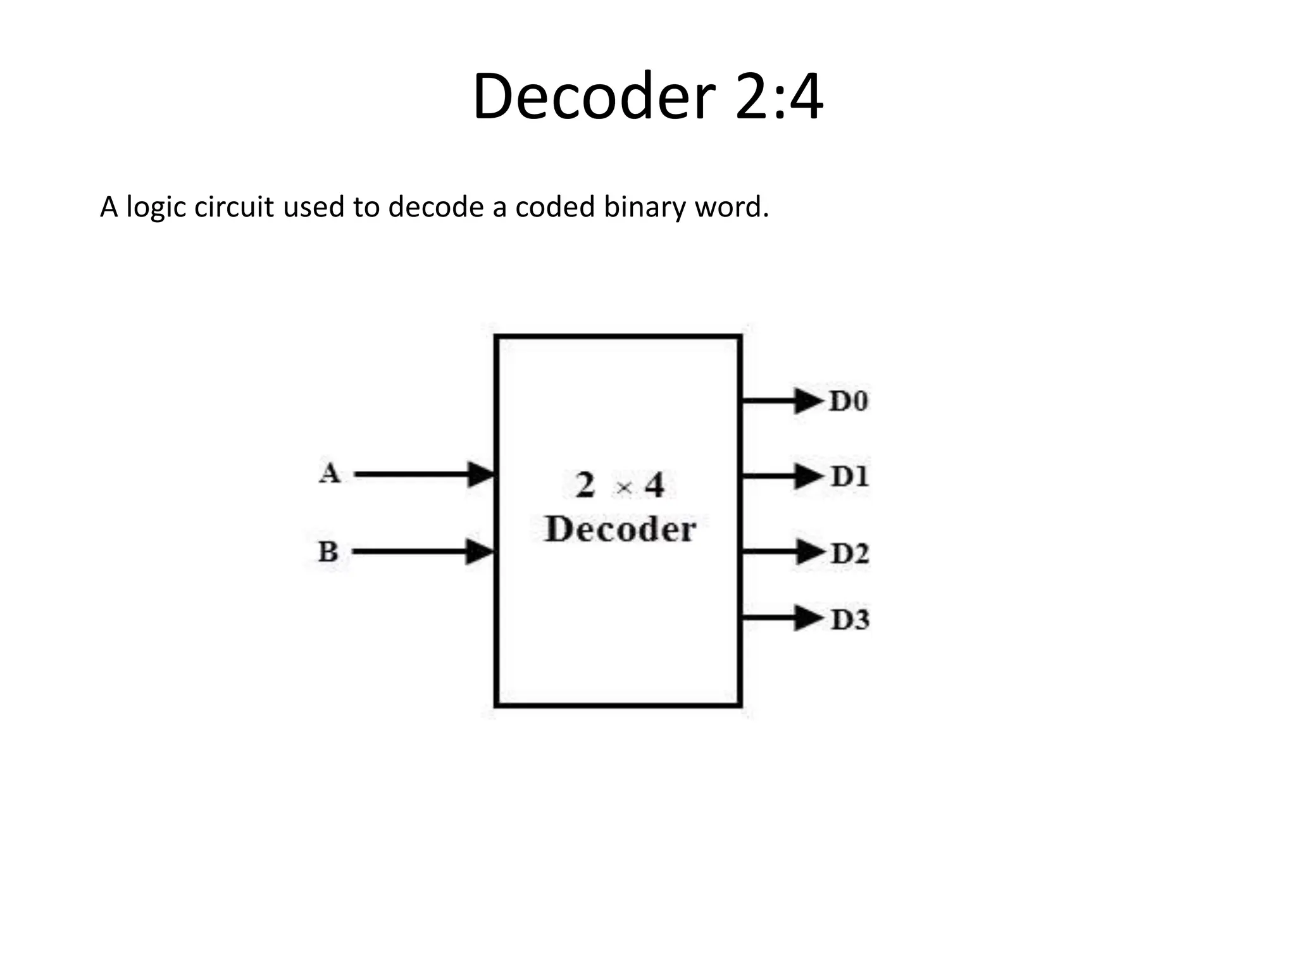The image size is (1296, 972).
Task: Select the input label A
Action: (329, 473)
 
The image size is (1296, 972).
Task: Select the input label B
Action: (328, 551)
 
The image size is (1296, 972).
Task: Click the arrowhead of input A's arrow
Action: (481, 474)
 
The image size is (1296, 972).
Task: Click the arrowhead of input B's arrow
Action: (480, 551)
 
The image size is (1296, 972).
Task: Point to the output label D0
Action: (849, 401)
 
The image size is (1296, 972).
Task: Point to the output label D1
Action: (850, 477)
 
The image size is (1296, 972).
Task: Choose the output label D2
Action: (850, 554)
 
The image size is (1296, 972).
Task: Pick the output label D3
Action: (850, 620)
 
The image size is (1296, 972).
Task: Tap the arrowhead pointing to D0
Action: (809, 401)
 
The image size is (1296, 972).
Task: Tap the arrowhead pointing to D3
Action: (809, 618)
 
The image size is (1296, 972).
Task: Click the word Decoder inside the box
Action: (620, 530)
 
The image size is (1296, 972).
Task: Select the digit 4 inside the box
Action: (654, 486)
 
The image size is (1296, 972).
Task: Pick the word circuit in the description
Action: (234, 207)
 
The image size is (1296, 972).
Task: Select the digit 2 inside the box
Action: (585, 485)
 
